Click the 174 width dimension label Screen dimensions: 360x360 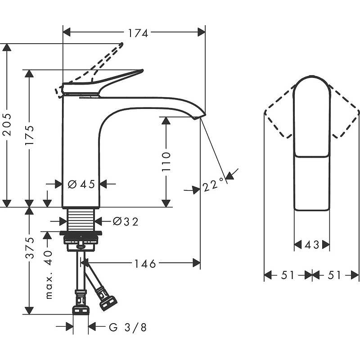click(x=138, y=33)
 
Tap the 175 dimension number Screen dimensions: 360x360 click(x=29, y=135)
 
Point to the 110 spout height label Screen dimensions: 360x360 click(x=166, y=162)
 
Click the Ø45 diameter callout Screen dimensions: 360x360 click(x=81, y=184)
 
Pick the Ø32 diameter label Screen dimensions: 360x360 click(x=126, y=222)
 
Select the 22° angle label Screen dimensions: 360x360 click(x=213, y=184)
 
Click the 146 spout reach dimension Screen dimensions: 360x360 click(x=145, y=264)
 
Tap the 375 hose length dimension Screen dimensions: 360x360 click(x=29, y=248)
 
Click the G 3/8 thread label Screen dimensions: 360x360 click(x=128, y=328)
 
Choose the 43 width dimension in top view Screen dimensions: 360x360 click(x=312, y=245)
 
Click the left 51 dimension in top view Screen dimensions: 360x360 click(x=288, y=275)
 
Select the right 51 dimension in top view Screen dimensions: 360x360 click(x=334, y=275)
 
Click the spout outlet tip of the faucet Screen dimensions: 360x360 click(x=197, y=117)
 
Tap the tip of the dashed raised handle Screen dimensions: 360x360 click(x=121, y=44)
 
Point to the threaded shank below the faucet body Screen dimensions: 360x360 click(x=81, y=220)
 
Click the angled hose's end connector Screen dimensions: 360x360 click(x=108, y=303)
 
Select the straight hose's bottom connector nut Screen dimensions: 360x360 click(x=81, y=310)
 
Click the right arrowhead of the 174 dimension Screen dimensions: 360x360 click(x=201, y=32)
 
